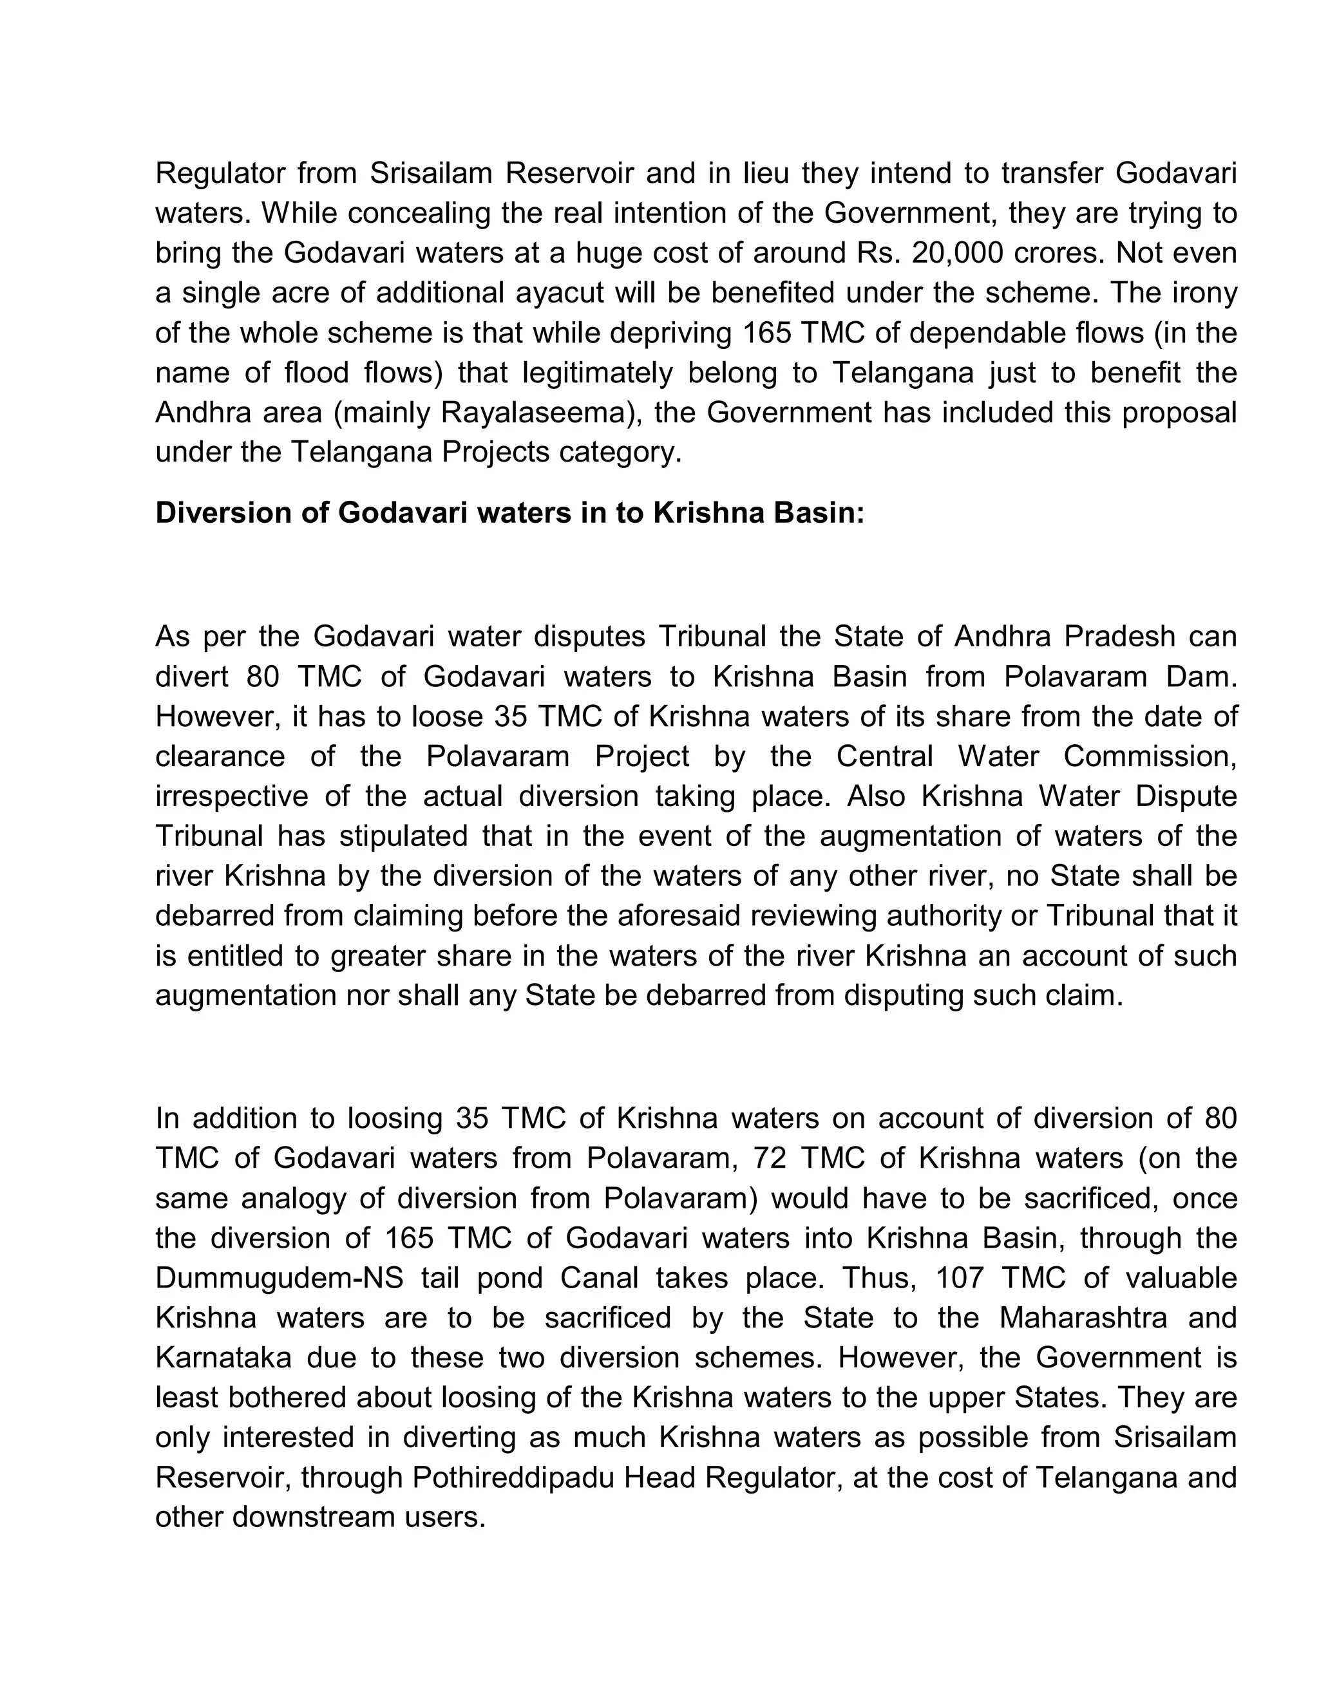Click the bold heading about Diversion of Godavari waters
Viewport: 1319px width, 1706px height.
coord(509,513)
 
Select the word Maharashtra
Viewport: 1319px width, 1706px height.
coord(1082,1318)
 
